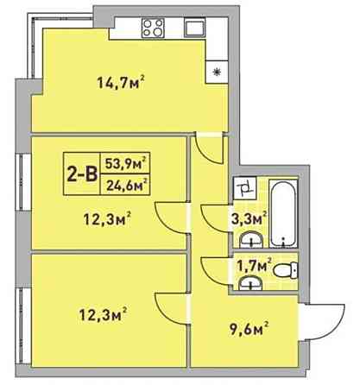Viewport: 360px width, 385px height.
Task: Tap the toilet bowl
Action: pos(281,272)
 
